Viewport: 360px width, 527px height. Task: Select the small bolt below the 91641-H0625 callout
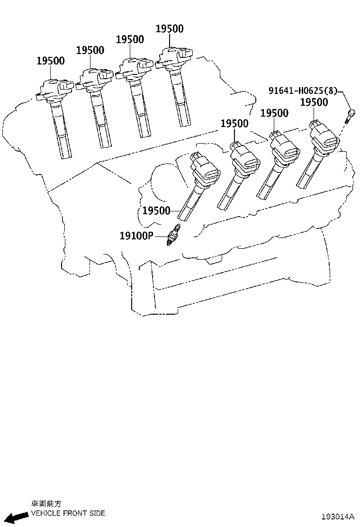(x=351, y=115)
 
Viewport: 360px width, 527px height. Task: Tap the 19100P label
(x=136, y=235)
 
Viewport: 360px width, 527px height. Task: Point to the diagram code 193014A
(x=338, y=516)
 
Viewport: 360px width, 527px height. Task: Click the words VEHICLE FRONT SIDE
(x=68, y=513)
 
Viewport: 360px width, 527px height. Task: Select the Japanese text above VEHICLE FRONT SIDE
(x=46, y=504)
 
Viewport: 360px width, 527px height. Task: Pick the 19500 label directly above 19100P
(x=156, y=210)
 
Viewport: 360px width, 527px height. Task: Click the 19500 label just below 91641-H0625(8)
(x=314, y=102)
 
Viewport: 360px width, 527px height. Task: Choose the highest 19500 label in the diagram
(x=170, y=28)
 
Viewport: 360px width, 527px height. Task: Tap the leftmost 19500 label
(x=51, y=61)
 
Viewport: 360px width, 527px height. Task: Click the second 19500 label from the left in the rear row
(x=90, y=50)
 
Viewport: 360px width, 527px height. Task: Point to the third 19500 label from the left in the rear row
(x=130, y=39)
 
